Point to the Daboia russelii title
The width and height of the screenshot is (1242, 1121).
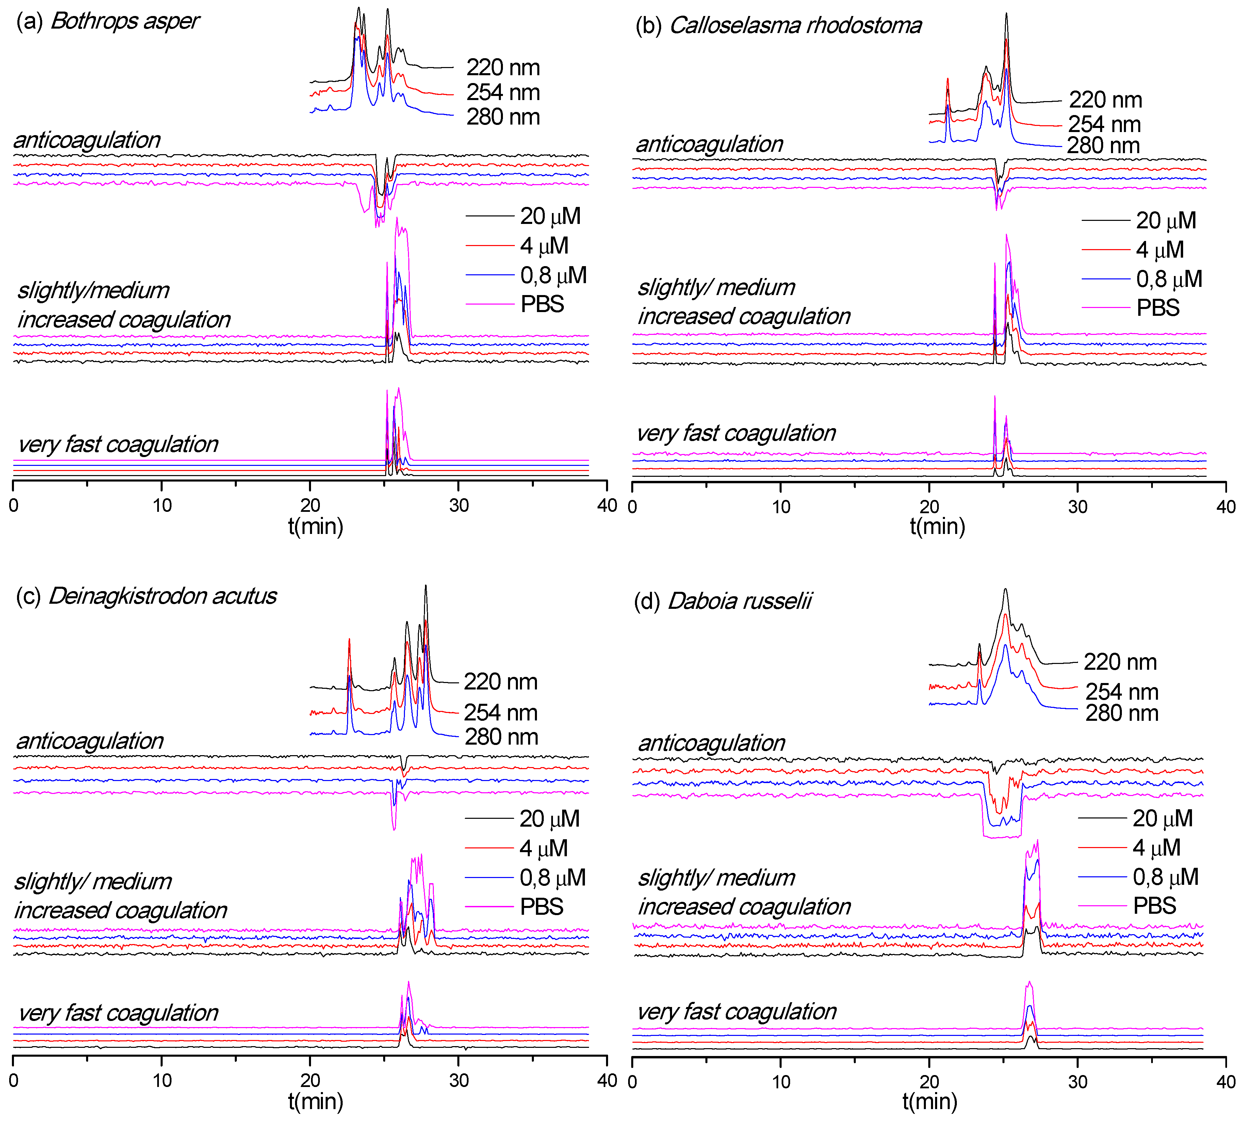pos(723,601)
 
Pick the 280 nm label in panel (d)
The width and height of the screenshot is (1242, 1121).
pos(1121,713)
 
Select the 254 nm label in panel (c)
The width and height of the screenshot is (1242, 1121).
pos(501,713)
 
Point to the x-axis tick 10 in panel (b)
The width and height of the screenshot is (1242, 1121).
pos(781,507)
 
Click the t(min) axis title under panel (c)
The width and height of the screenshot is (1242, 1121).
pos(315,1101)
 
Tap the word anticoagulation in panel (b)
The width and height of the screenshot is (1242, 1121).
pos(709,144)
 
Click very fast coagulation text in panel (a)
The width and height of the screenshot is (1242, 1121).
pos(118,444)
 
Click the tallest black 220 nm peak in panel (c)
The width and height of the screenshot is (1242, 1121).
pos(425,587)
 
